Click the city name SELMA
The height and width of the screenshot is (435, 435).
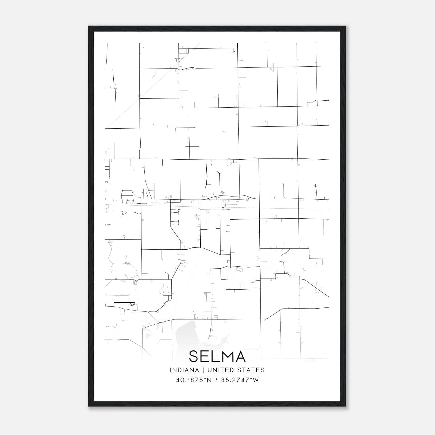point(217,356)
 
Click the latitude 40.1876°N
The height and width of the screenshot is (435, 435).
point(194,380)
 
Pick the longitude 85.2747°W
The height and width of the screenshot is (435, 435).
point(240,380)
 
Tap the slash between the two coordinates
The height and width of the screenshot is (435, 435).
point(216,380)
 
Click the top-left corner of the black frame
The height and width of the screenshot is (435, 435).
point(89,26)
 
